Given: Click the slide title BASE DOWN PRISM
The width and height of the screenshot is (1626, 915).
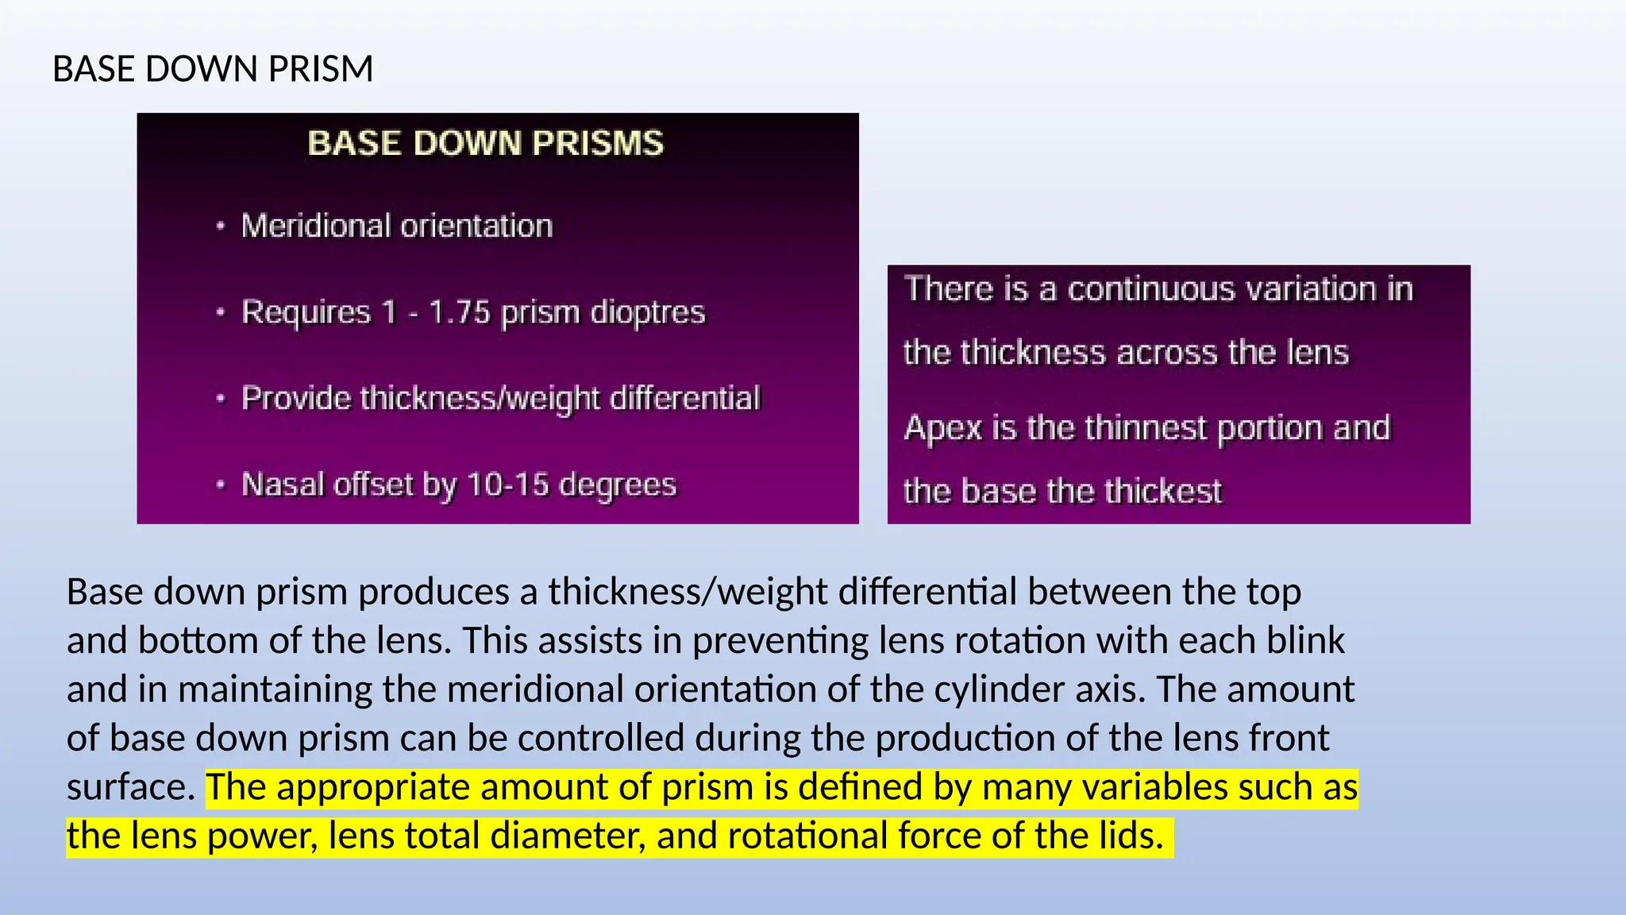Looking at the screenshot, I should (x=212, y=69).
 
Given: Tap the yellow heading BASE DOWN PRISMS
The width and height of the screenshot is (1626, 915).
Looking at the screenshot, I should (x=485, y=144).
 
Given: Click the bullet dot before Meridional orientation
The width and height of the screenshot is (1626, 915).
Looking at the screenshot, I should (x=221, y=226).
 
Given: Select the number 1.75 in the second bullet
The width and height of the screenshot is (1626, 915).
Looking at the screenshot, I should (x=459, y=312).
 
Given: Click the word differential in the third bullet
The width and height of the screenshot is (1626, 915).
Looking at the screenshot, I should (x=684, y=398).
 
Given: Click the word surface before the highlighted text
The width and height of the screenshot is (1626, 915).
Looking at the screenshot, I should (x=129, y=788).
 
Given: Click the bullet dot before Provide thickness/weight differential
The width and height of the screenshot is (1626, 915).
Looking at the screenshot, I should (x=221, y=399).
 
